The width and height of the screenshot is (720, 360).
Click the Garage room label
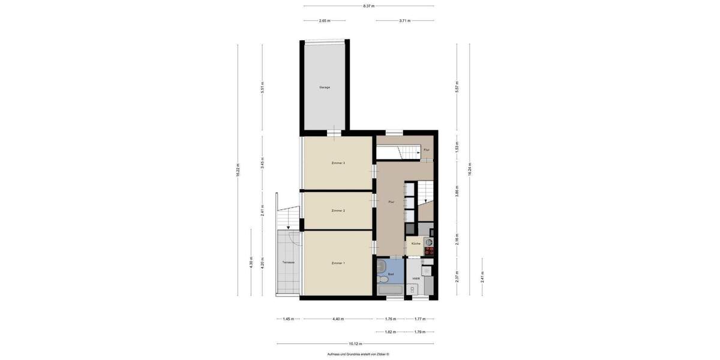coord(325,87)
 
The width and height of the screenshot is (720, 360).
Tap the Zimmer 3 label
coord(338,163)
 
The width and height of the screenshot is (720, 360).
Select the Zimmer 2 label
coord(338,211)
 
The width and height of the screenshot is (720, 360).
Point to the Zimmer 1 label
coord(338,263)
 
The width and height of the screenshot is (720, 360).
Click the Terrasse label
coord(288,263)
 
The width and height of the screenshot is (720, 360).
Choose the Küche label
coord(415,244)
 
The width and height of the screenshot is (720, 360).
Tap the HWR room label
coord(415,278)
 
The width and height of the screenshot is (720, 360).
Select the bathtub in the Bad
coord(391,290)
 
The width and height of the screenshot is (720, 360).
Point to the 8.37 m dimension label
coord(368,6)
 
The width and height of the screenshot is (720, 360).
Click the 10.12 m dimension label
coord(356,344)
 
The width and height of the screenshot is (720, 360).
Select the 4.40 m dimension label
coord(338,319)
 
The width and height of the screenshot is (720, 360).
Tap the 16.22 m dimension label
coord(238,170)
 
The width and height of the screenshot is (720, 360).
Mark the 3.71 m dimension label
coord(405,20)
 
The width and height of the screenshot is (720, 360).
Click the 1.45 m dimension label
coord(288,319)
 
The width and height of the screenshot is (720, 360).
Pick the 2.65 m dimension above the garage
coord(325,20)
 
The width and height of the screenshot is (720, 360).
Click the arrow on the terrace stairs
coord(289,227)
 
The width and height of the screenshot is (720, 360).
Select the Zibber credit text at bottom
coord(358,354)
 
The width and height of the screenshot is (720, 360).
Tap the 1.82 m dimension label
coord(390,331)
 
